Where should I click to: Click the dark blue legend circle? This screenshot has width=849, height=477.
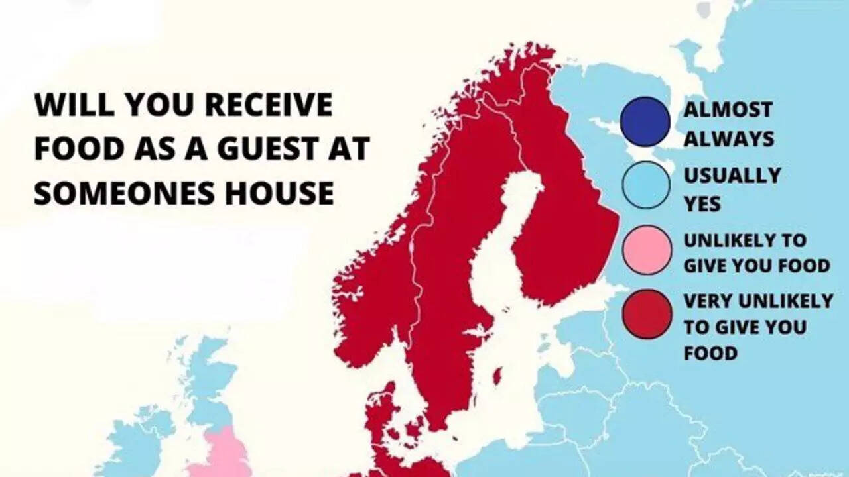point(645,122)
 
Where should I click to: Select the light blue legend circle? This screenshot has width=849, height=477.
point(645,185)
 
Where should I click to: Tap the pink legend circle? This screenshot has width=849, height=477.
point(647,250)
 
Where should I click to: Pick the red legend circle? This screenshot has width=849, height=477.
point(647,314)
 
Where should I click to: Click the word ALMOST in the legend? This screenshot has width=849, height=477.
point(728,109)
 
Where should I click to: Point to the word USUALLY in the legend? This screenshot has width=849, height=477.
point(732,176)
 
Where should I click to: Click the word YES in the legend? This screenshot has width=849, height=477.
point(702,205)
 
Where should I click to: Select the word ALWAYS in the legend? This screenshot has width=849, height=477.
point(728,138)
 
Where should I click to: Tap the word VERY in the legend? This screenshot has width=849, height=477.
point(707,301)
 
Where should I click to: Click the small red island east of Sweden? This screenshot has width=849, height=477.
point(496,376)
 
